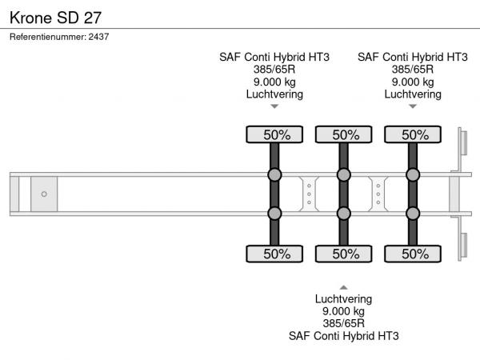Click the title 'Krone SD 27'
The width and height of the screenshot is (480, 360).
tap(55, 16)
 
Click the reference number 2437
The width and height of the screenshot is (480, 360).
tap(99, 37)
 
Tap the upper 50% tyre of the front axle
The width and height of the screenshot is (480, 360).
tap(274, 134)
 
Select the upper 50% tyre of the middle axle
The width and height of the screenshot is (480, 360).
tap(344, 134)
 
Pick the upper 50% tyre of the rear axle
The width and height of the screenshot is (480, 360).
tap(414, 134)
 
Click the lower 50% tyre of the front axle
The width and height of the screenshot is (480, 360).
tap(274, 254)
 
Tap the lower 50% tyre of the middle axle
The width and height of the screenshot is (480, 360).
tap(344, 254)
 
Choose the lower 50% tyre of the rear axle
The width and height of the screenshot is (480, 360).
tap(414, 254)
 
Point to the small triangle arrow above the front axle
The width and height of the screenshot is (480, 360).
tap(274, 106)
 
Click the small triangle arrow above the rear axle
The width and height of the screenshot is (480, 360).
tap(413, 106)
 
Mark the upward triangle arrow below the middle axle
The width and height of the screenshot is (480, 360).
tap(343, 286)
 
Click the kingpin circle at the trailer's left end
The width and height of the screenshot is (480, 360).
tap(44, 194)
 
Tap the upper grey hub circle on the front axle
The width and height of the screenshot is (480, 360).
tap(274, 175)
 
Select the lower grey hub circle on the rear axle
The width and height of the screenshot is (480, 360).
tap(414, 213)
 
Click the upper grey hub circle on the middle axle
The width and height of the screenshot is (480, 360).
tap(344, 175)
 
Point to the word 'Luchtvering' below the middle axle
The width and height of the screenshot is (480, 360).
tap(343, 298)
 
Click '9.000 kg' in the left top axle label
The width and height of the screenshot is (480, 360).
tap(274, 82)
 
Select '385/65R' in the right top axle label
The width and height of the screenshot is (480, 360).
tap(413, 69)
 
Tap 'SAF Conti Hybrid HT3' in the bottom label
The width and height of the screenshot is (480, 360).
tap(343, 336)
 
